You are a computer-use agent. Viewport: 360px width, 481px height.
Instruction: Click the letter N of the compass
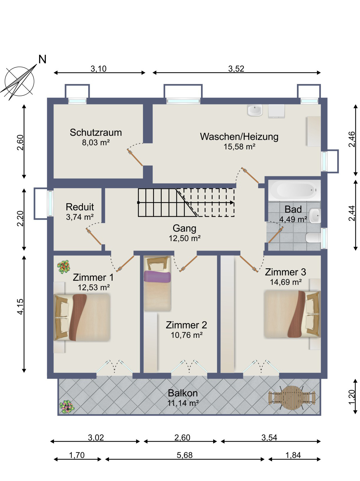(42, 59)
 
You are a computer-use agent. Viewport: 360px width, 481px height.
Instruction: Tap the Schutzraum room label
(96, 133)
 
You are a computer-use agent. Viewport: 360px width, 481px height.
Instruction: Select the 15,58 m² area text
(239, 147)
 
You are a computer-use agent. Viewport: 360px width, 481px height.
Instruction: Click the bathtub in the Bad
(294, 190)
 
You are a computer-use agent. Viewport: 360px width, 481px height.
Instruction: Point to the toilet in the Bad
(313, 238)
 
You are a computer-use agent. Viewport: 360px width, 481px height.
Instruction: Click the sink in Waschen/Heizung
(255, 111)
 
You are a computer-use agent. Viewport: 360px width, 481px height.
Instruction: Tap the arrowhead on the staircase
(232, 203)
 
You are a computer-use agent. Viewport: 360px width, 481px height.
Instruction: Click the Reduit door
(94, 237)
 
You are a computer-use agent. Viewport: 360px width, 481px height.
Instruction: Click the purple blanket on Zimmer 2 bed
(157, 277)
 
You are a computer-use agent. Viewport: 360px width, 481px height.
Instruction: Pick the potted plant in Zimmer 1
(64, 267)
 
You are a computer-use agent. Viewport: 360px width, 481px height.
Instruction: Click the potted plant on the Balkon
(67, 406)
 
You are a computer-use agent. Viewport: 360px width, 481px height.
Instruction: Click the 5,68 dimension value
(184, 455)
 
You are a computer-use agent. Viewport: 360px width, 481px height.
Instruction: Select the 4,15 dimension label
(20, 306)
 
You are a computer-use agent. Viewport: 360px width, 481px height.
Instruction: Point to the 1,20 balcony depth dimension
(352, 397)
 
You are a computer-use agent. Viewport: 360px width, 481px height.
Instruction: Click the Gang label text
(184, 228)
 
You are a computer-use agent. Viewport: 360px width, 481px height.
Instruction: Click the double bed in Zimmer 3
(292, 314)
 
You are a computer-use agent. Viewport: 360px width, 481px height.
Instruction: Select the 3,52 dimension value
(236, 69)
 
